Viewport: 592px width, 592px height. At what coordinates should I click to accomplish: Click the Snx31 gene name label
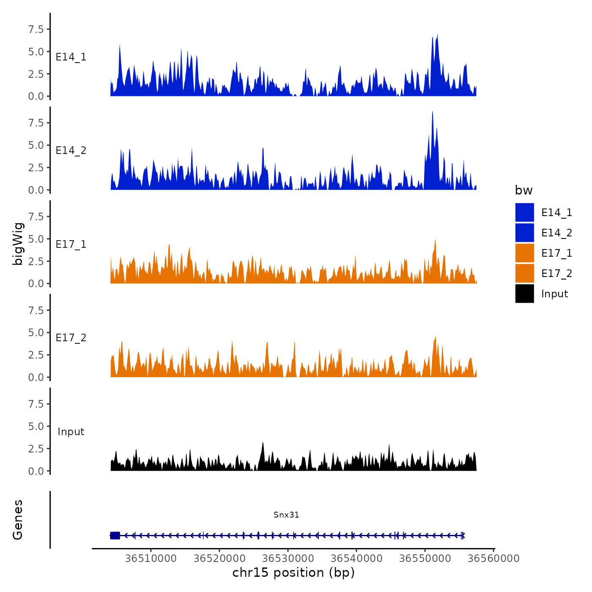tap(286, 515)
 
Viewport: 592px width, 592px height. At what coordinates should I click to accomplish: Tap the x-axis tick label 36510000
tap(151, 558)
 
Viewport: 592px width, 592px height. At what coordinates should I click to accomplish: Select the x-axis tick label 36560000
tap(493, 558)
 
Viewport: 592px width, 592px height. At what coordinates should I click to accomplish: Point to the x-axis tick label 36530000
tap(288, 558)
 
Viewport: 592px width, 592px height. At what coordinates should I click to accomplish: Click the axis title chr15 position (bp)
tap(293, 573)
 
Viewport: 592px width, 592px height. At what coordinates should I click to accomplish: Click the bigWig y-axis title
tap(18, 244)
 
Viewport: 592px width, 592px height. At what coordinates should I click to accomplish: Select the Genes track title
tap(18, 520)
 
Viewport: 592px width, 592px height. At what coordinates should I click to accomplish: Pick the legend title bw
tap(523, 190)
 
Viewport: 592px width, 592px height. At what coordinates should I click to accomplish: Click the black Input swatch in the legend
tap(524, 293)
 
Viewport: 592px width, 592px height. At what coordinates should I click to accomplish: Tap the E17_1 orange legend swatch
tap(524, 253)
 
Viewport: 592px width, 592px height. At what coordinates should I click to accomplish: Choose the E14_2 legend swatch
tap(524, 233)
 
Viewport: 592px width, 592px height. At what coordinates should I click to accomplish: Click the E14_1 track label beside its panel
tap(71, 57)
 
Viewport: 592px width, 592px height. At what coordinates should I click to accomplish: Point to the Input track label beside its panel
tap(71, 432)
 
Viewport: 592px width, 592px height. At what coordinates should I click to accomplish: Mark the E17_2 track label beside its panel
tap(71, 338)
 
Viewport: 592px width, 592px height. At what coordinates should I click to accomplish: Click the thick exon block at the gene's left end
tap(115, 535)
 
